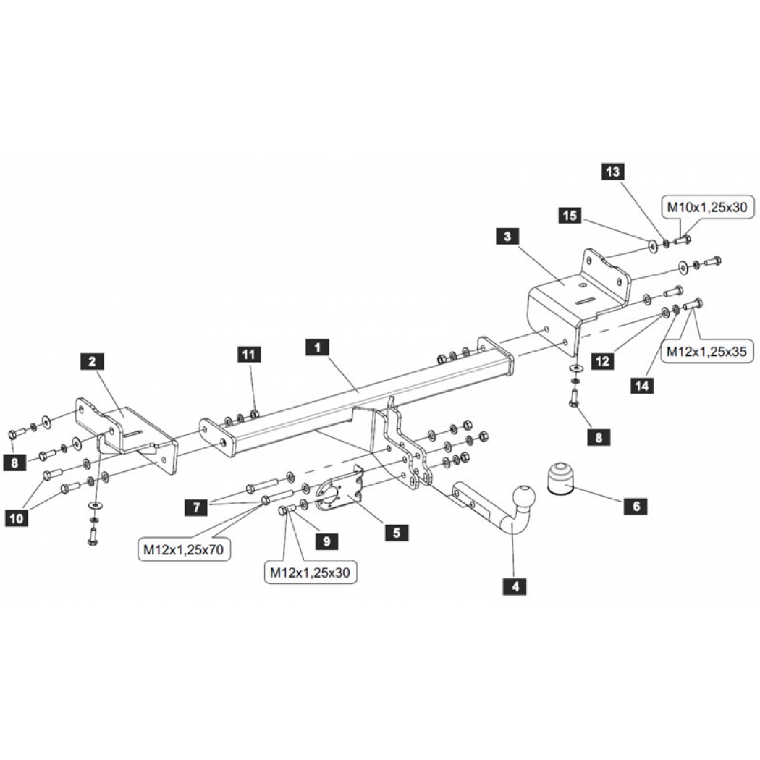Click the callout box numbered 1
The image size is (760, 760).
pyautogui.click(x=318, y=347)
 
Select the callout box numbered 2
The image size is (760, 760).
pyautogui.click(x=92, y=361)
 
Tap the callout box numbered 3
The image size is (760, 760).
pyautogui.click(x=507, y=237)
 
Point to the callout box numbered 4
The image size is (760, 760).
pyautogui.click(x=515, y=586)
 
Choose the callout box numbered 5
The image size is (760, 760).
pyautogui.click(x=397, y=533)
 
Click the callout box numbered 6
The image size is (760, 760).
pyautogui.click(x=636, y=506)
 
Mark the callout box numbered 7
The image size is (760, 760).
pyautogui.click(x=197, y=507)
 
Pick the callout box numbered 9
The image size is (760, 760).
pyautogui.click(x=326, y=541)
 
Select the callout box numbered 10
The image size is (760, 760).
pyautogui.click(x=17, y=518)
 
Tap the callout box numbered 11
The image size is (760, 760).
pyautogui.click(x=249, y=355)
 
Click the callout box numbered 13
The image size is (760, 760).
pyautogui.click(x=613, y=171)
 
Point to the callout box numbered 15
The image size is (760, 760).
pyautogui.click(x=570, y=215)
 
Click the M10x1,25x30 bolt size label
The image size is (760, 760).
pyautogui.click(x=707, y=208)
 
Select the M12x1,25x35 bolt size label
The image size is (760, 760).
pyautogui.click(x=706, y=351)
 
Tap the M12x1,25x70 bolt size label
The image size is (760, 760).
pyautogui.click(x=184, y=549)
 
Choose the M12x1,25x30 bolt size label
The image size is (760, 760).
pyautogui.click(x=310, y=573)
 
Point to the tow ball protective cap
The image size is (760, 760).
pyautogui.click(x=560, y=479)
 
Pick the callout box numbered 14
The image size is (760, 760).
pyautogui.click(x=642, y=386)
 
